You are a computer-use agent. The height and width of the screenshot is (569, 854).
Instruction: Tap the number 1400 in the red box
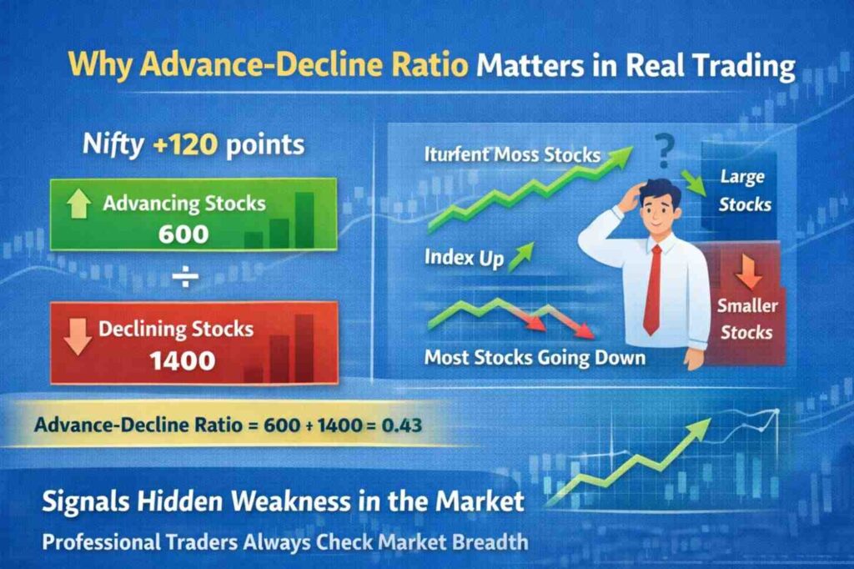coord(183,360)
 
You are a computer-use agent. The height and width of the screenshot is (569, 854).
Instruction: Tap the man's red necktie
coord(653,289)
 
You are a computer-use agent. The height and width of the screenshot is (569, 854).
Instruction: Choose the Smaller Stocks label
coord(746,320)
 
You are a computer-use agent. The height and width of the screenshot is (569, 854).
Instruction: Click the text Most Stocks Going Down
coord(535,358)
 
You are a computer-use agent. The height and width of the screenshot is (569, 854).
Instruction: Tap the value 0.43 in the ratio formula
coord(393,425)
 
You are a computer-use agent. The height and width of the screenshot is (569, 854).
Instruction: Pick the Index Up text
coord(465,259)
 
